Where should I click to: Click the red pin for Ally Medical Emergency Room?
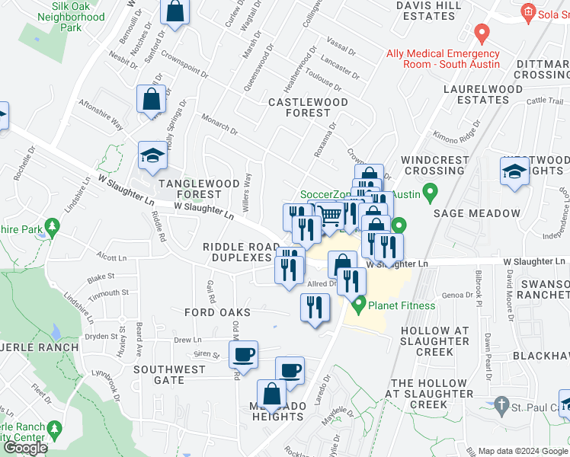coord(481,34)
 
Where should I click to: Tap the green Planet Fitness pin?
coord(358,305)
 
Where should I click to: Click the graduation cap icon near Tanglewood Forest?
coord(152,155)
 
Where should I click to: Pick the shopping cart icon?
coord(328,216)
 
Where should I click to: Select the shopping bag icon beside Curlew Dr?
coord(175,12)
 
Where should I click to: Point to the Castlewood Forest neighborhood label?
coord(308,107)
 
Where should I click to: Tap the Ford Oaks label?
coord(217,312)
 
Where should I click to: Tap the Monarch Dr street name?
coord(220,122)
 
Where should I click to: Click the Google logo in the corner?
coord(27,448)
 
